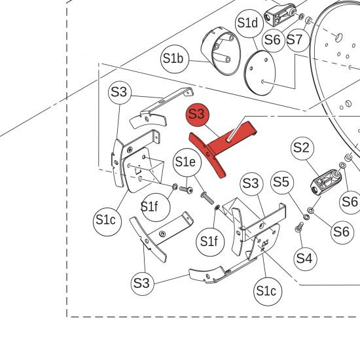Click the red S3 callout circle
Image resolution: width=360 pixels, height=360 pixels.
click(198, 115)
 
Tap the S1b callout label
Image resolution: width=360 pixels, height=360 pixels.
click(175, 59)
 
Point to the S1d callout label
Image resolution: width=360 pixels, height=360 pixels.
click(249, 24)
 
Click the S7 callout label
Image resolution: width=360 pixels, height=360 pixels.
click(298, 40)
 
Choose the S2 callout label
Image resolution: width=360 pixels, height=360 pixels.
click(302, 148)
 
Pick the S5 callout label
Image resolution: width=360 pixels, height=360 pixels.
click(282, 183)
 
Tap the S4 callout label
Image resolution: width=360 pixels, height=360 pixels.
click(305, 259)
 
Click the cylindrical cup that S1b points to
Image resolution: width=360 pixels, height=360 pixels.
click(221, 51)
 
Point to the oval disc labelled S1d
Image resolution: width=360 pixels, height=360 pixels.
click(259, 73)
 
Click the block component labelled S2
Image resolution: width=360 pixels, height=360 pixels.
click(326, 182)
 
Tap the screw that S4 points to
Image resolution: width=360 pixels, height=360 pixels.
click(298, 228)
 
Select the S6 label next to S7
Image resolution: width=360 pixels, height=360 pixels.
click(273, 40)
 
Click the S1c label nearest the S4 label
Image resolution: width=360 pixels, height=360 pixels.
click(268, 291)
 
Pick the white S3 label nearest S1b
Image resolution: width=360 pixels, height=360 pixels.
click(120, 92)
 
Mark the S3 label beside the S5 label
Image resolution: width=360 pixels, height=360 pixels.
click(251, 184)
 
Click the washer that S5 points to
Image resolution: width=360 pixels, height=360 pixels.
click(306, 217)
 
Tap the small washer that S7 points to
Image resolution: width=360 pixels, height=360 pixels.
click(309, 20)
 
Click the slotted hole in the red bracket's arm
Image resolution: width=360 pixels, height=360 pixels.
click(228, 139)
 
